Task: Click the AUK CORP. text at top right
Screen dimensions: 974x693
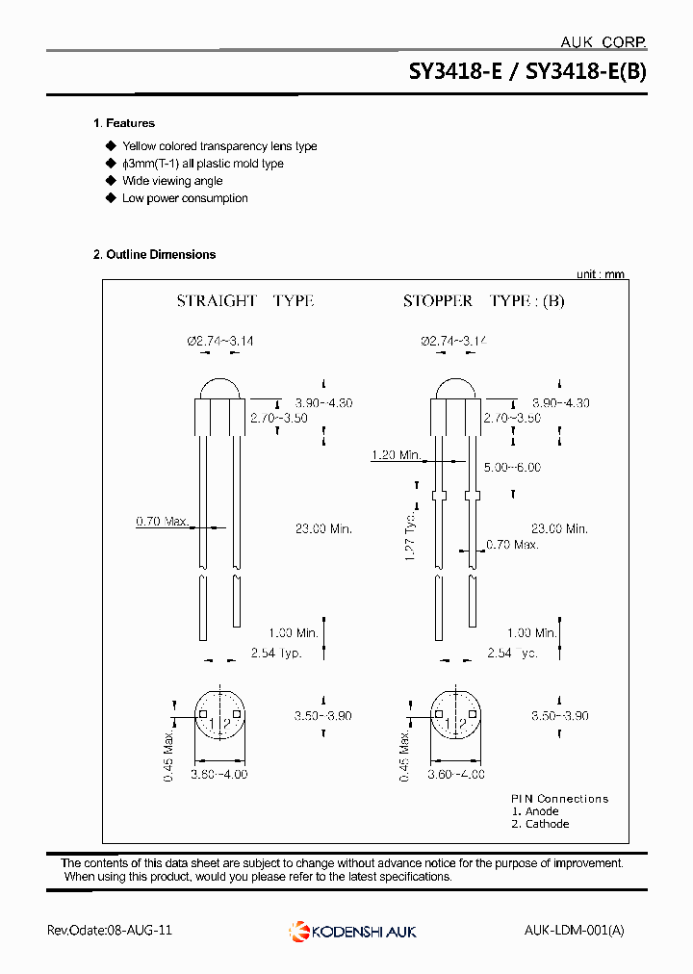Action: coord(603,42)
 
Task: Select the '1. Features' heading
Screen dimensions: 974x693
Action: coord(124,123)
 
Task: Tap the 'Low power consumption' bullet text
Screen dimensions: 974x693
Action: coord(185,198)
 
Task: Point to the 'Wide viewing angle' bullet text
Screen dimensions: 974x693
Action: coord(172,181)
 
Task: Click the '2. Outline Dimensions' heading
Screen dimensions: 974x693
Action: coord(154,254)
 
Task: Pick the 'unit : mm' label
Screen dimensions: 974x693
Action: coord(600,274)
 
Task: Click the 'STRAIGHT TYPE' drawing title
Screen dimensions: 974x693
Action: coord(244,301)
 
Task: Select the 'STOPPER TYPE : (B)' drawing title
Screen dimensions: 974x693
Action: coord(483,301)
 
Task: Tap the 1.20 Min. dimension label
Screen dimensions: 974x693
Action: coord(397,454)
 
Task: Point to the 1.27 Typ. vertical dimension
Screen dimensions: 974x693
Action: coord(410,535)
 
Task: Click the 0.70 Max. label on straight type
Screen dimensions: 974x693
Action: coord(162,522)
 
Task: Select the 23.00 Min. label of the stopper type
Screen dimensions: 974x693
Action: coord(559,528)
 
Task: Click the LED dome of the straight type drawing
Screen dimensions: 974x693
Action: coord(220,388)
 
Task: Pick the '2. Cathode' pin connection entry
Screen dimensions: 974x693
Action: coord(540,824)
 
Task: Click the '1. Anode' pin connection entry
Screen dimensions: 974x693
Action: coord(534,811)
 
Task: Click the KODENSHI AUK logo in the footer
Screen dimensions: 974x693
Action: coord(352,931)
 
